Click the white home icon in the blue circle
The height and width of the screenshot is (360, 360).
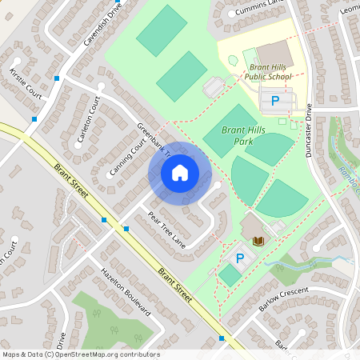pyautogui.click(x=179, y=172)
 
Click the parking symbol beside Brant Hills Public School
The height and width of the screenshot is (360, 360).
pyautogui.click(x=275, y=101)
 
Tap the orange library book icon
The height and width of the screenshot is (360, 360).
pyautogui.click(x=258, y=240)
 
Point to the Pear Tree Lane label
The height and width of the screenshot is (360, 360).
pyautogui.click(x=166, y=229)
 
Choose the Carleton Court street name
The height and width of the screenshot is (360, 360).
pyautogui.click(x=87, y=124)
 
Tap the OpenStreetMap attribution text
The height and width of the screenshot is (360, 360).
pyautogui.click(x=81, y=354)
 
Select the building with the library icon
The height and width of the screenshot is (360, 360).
pyautogui.click(x=255, y=229)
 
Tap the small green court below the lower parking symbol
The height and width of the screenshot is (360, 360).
pyautogui.click(x=230, y=275)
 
